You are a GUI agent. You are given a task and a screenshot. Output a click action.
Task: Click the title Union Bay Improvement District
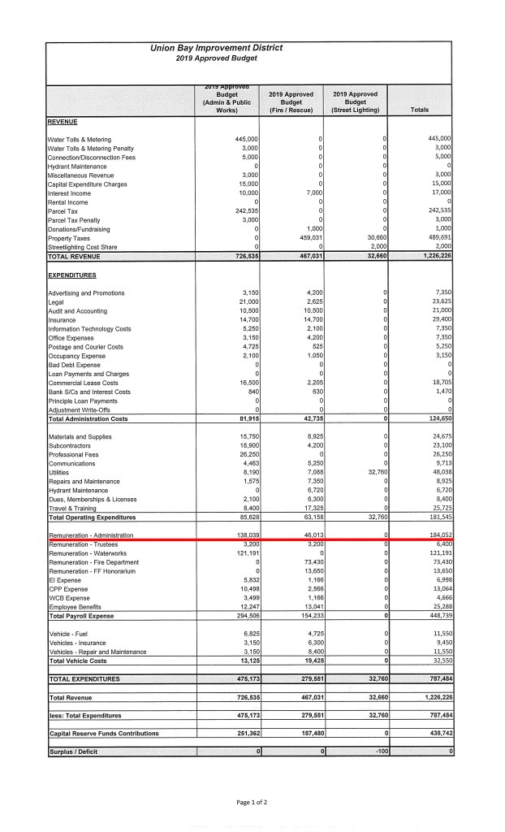[216, 48]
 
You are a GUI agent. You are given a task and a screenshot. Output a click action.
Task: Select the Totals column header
[420, 110]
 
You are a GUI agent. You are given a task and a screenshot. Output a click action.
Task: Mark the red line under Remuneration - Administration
[248, 539]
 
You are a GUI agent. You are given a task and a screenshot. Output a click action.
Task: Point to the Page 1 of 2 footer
[251, 802]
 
